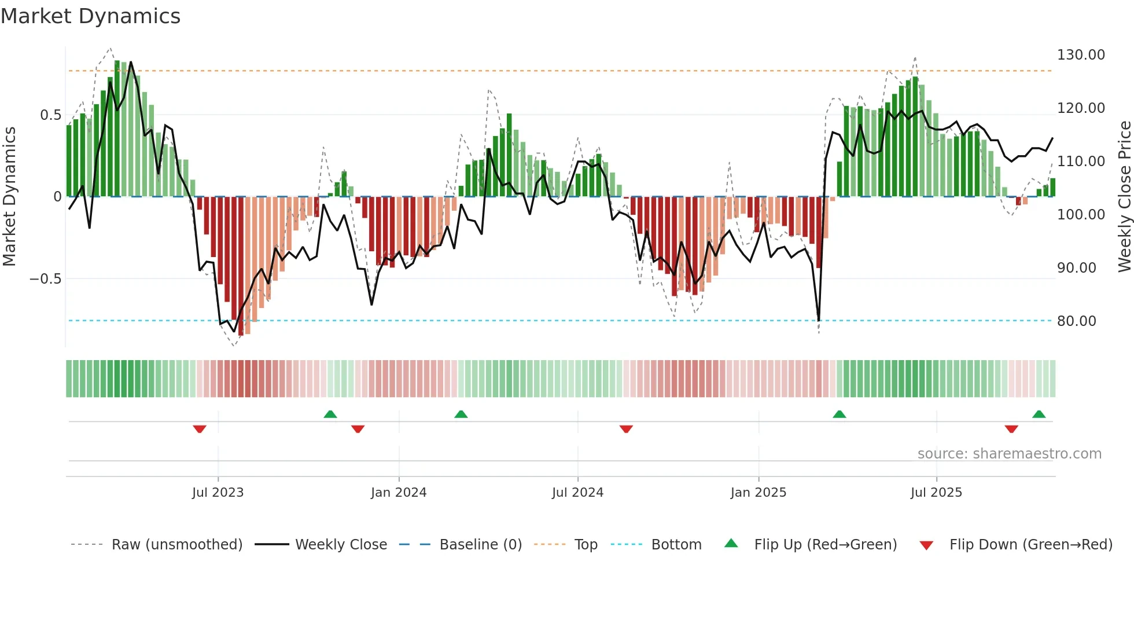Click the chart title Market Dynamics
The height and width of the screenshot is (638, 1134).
[90, 16]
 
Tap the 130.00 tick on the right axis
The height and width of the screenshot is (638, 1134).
[1080, 55]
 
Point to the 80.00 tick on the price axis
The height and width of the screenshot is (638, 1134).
[1076, 321]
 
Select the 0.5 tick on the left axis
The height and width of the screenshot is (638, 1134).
[50, 115]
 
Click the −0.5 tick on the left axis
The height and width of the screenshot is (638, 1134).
[45, 279]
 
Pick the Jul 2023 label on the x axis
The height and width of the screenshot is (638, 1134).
[218, 493]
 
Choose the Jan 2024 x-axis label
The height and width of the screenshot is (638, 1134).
[399, 493]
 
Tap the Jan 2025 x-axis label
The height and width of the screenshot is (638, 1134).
[758, 493]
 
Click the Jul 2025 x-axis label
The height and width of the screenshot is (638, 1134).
[936, 493]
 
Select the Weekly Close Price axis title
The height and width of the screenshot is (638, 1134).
[1124, 197]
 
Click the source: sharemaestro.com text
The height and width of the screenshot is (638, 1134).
[1009, 454]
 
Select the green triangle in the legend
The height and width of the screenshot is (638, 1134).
[731, 543]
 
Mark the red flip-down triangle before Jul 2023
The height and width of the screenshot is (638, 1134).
[200, 429]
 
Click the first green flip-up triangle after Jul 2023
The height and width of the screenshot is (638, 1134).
[330, 414]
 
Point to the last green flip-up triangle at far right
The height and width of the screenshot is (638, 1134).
[1039, 414]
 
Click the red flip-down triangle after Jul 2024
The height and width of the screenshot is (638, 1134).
[626, 429]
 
